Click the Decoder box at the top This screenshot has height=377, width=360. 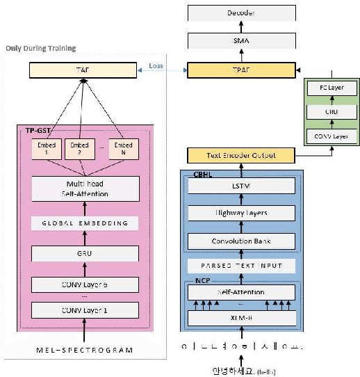point(241,13)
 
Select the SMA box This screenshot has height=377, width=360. point(241,41)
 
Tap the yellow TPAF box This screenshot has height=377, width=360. point(241,69)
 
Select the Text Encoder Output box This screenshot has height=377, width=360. point(240,155)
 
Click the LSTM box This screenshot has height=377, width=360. point(240,186)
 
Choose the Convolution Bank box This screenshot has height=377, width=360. point(240,242)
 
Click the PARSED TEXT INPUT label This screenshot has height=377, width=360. point(240,266)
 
